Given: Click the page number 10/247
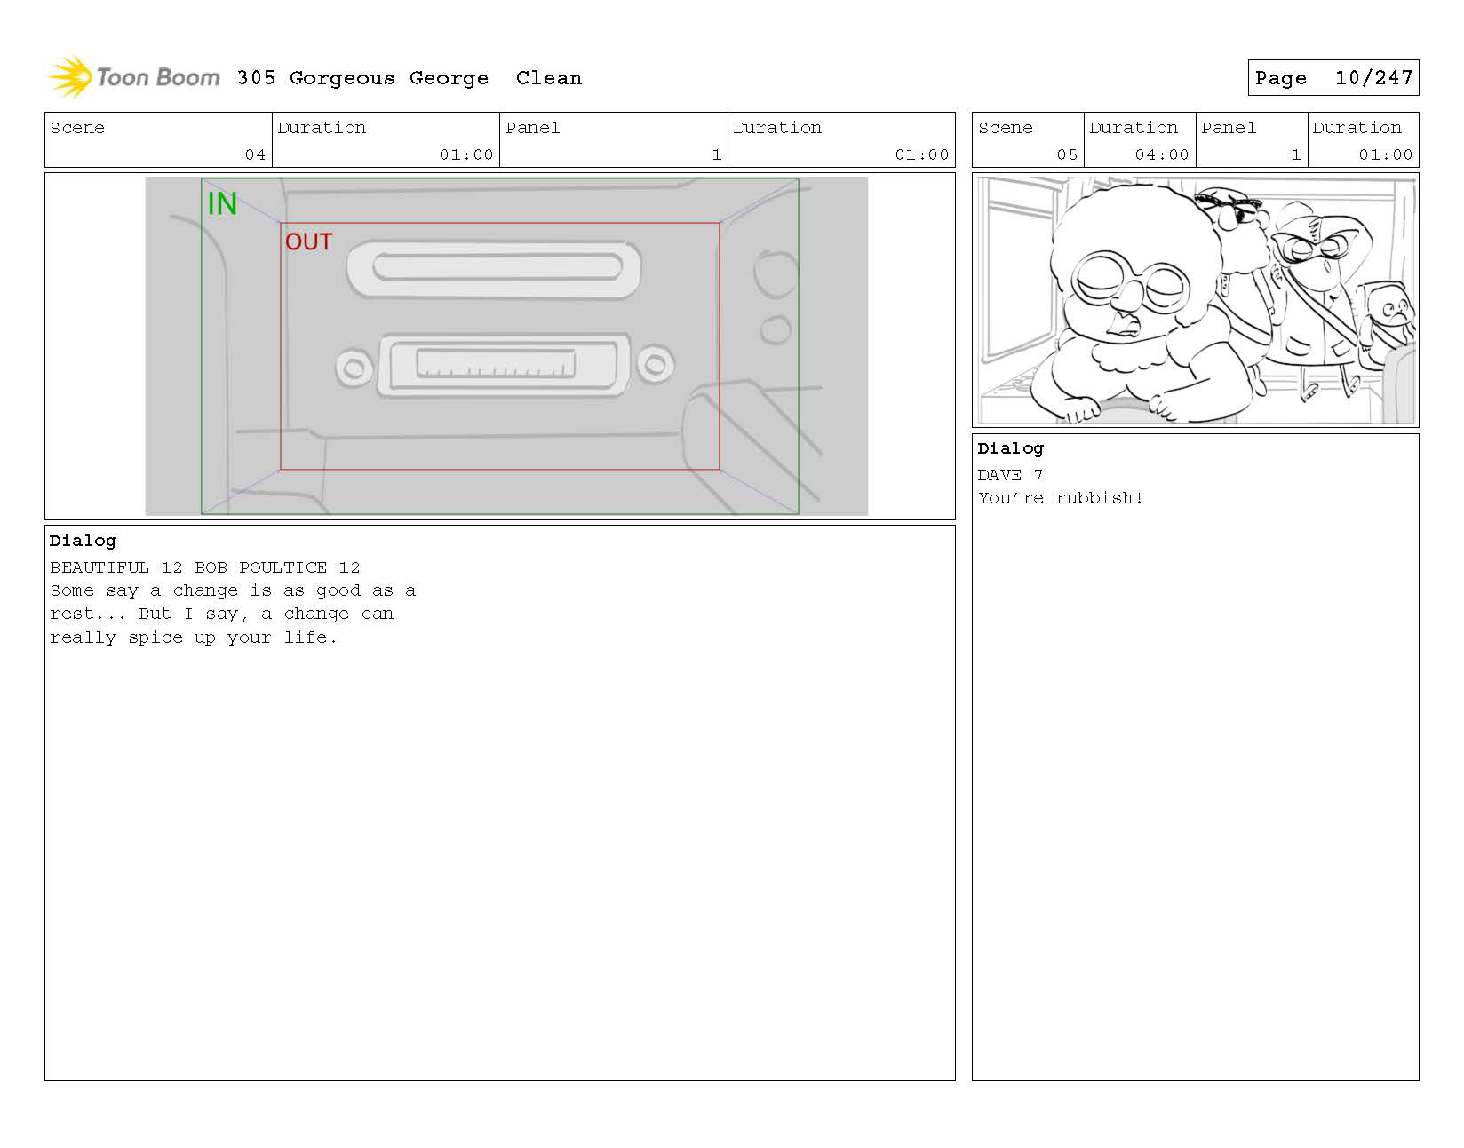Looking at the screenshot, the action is pyautogui.click(x=1373, y=78).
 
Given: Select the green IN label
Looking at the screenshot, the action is pyautogui.click(x=222, y=203).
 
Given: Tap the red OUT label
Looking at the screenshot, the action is pyautogui.click(x=308, y=241).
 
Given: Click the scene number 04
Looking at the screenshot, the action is pyautogui.click(x=255, y=154).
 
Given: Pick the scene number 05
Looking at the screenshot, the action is pyautogui.click(x=1067, y=154).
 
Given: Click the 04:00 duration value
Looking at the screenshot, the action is pyautogui.click(x=1161, y=154).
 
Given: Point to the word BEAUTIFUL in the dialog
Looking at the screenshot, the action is pyautogui.click(x=99, y=567).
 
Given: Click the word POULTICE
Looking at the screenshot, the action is pyautogui.click(x=283, y=567).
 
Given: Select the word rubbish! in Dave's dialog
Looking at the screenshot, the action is pyautogui.click(x=1098, y=498).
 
